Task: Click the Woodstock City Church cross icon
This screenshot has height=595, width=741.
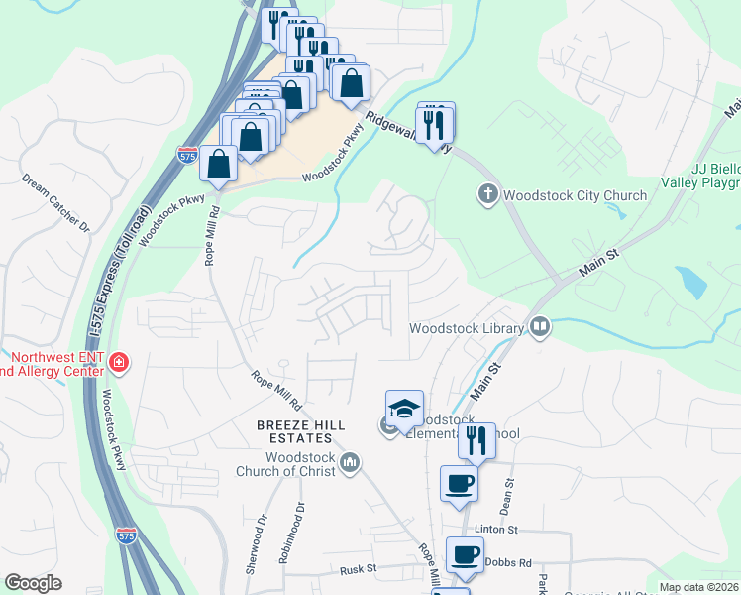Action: (x=487, y=194)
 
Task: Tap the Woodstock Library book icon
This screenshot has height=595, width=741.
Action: (x=540, y=325)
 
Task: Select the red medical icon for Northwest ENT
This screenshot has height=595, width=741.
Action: (x=119, y=363)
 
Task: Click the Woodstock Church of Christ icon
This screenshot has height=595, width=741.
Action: (x=349, y=462)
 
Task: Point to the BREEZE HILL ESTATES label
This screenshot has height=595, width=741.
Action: (x=288, y=432)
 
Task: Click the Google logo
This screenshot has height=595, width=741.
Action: (x=33, y=583)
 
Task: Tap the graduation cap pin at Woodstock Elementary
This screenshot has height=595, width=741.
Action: (x=404, y=410)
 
